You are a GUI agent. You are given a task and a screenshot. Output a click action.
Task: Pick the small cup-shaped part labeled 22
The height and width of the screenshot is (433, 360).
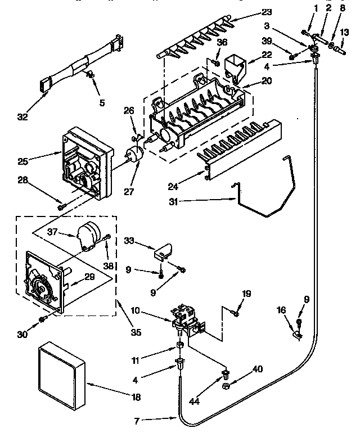point(234,66)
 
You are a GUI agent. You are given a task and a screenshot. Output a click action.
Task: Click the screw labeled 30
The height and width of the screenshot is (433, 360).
point(42,319)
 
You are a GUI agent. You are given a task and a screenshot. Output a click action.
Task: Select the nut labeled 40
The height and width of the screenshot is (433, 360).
point(225,386)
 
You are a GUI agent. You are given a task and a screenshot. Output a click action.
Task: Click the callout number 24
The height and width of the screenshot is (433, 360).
point(174,186)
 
